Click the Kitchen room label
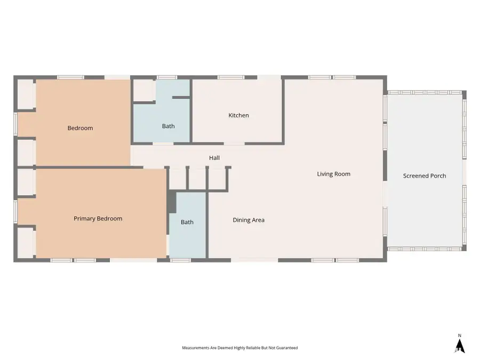[238, 115]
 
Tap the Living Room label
[334, 174]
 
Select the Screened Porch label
[425, 175]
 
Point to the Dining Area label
[249, 220]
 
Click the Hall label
[214, 158]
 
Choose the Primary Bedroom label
[98, 219]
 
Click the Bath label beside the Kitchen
[169, 126]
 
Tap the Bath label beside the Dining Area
[187, 222]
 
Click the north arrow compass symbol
[460, 346]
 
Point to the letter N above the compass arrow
[460, 335]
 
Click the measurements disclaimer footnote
[239, 348]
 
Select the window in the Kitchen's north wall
[231, 77]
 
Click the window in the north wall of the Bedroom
[71, 77]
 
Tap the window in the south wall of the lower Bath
[180, 260]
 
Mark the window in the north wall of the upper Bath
[167, 77]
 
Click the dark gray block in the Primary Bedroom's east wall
[172, 202]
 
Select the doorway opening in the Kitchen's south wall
[234, 143]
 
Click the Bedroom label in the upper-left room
[80, 128]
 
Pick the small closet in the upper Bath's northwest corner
[143, 90]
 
